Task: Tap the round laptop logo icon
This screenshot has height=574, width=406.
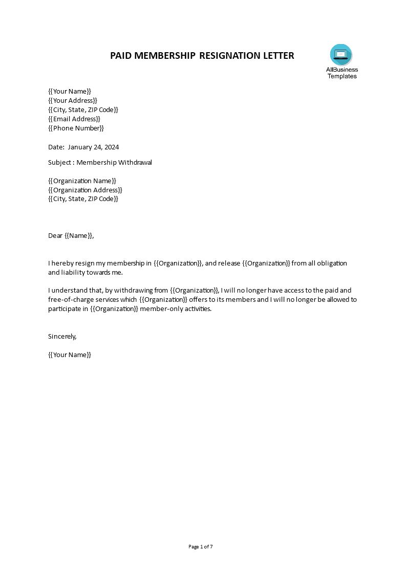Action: [x=341, y=55]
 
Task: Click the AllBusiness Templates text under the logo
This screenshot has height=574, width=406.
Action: [x=342, y=73]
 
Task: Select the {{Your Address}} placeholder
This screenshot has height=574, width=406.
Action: [x=72, y=100]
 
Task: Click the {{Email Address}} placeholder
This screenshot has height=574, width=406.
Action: [x=74, y=119]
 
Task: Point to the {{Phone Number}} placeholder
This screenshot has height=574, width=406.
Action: [x=76, y=128]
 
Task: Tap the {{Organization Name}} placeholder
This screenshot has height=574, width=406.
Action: [x=82, y=181]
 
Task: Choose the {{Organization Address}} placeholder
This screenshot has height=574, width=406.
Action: [x=85, y=190]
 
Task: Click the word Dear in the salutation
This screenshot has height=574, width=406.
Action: [x=55, y=235]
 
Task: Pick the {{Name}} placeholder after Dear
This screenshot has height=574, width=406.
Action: [x=79, y=235]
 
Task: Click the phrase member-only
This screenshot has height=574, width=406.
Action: [x=159, y=308]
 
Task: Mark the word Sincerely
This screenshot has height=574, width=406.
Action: [x=62, y=336]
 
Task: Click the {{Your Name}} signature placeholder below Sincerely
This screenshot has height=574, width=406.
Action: [x=69, y=355]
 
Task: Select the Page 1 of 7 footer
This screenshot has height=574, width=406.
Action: [x=201, y=547]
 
